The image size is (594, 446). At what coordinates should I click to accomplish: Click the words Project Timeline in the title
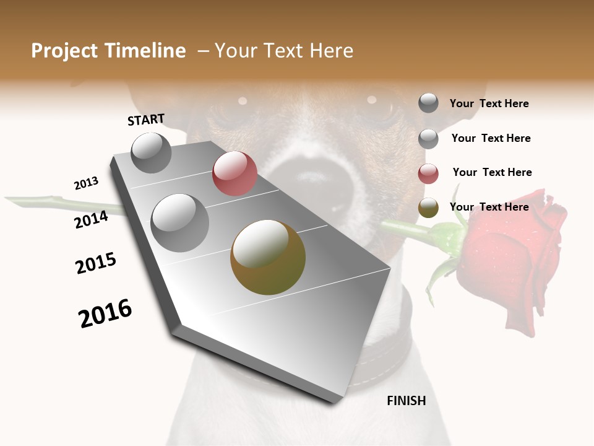108,51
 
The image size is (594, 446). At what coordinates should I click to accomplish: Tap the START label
146,120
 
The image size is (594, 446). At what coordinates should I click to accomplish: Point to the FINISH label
407,401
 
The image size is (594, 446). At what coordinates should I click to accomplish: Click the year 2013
86,183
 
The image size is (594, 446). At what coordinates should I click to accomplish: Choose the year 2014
91,219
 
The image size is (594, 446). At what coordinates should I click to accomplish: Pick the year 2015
96,263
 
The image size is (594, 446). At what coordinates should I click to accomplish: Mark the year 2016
105,313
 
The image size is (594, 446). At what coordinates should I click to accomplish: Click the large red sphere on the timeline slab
235,173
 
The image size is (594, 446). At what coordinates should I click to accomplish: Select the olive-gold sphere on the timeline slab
268,258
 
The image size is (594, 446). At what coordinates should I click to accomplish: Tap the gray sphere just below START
152,152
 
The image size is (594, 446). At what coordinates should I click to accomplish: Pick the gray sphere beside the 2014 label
180,222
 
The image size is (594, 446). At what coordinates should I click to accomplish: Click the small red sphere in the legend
428,173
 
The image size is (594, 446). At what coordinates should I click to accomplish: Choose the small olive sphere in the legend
428,208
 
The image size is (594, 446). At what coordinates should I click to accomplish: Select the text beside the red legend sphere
492,172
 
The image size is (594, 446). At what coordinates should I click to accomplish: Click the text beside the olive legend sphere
489,207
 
